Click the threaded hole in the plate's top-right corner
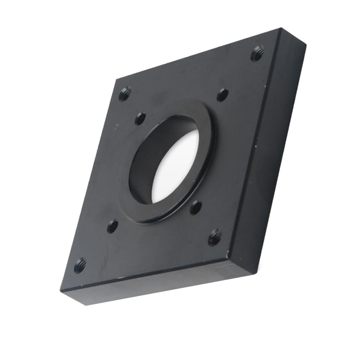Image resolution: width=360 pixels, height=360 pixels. (257, 54)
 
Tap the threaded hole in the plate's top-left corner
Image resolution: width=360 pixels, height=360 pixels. (124, 94)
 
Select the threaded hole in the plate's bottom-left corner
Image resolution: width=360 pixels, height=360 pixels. (80, 265)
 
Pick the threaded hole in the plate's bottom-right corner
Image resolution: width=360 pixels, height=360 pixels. (215, 237)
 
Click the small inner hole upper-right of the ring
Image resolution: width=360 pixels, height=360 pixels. (223, 95)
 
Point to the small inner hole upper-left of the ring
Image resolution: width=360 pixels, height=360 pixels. (140, 118)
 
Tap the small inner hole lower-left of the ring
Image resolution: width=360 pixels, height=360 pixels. (113, 226)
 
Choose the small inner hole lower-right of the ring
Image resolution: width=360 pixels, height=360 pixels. (196, 207)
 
